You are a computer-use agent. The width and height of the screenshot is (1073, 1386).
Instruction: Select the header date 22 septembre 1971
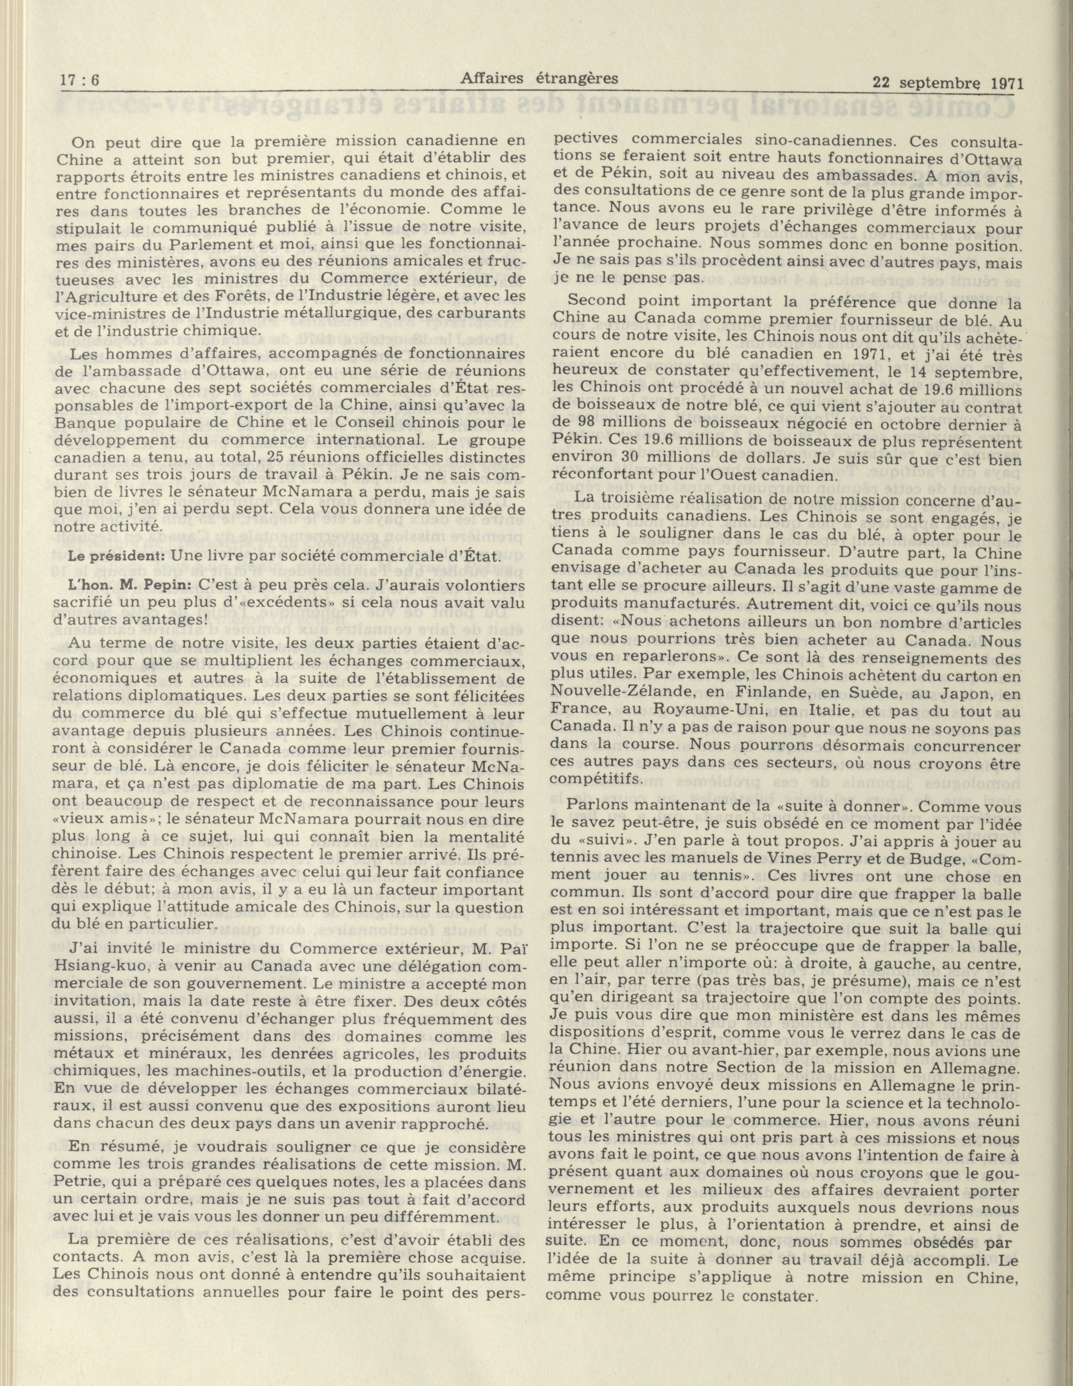pos(947,82)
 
